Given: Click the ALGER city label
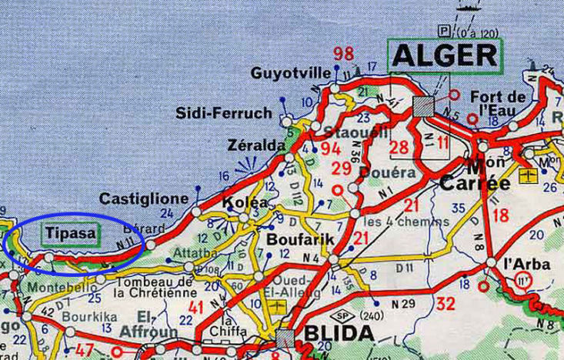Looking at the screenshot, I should [x=446, y=55].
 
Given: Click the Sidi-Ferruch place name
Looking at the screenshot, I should [x=224, y=113].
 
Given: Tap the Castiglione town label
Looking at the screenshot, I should [x=144, y=198].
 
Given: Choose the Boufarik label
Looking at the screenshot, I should [x=300, y=238].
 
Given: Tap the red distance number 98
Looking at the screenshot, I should [x=344, y=54].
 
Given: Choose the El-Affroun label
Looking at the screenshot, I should [x=157, y=324].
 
